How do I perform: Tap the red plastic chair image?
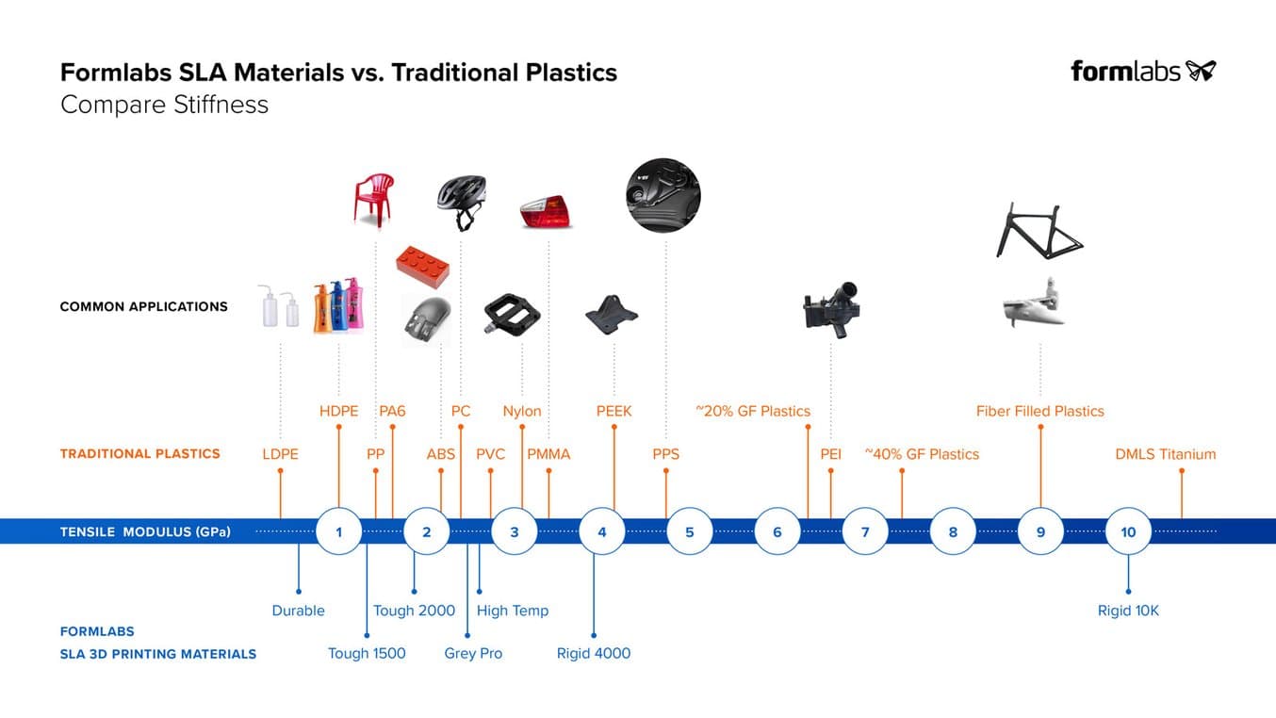373,199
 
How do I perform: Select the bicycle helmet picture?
461,201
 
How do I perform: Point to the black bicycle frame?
1039,230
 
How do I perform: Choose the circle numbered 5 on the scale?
689,532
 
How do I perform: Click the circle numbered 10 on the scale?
1128,532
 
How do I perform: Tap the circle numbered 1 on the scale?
338,532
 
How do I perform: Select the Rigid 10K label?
1128,611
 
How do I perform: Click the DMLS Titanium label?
1165,454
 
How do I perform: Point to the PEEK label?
613,411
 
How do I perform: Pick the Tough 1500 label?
367,653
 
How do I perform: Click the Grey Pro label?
473,653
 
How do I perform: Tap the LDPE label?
280,454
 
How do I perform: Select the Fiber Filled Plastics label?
1039,411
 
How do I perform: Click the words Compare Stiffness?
164,105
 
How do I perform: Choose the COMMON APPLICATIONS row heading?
143,306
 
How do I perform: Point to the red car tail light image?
547,212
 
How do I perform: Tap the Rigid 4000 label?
594,653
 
